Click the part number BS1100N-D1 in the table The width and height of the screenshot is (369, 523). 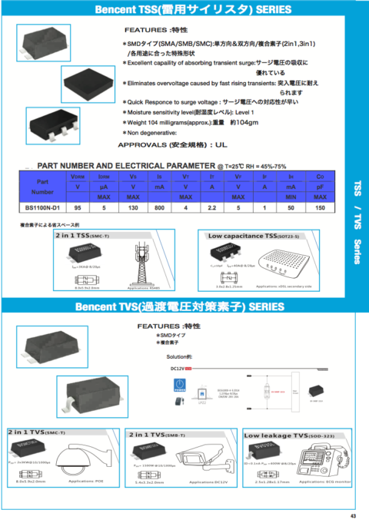tap(42, 208)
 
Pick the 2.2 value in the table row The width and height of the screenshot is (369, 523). tap(211, 208)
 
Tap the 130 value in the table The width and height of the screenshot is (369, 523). tap(132, 208)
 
